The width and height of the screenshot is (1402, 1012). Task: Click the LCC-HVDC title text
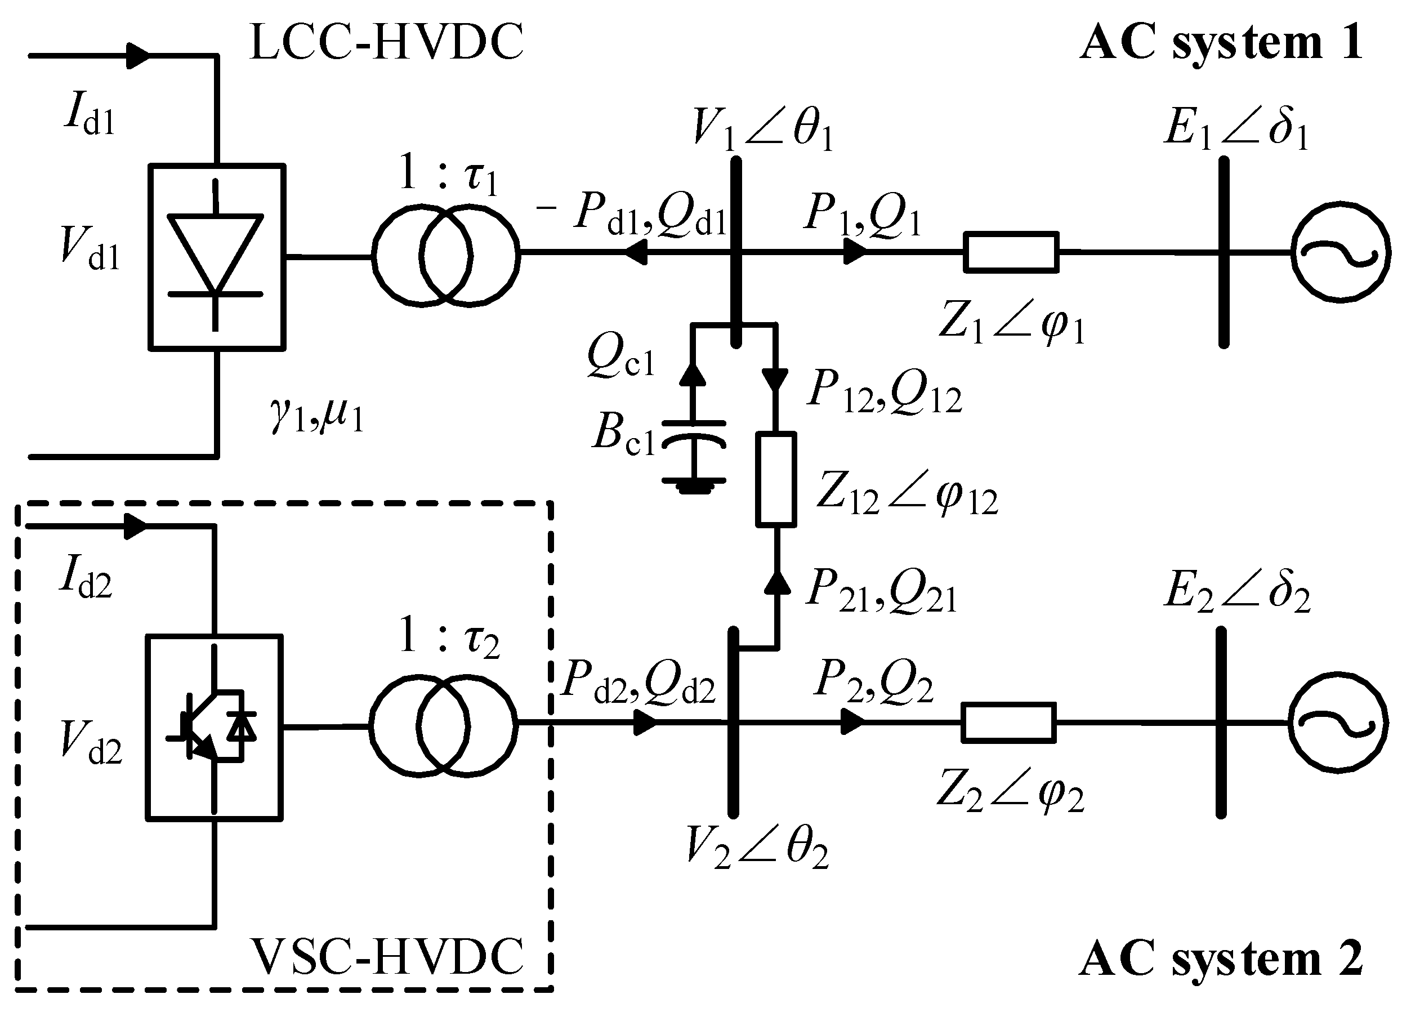pos(386,42)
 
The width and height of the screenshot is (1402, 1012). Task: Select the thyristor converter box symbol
pos(216,257)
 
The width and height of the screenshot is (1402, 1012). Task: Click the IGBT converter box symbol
pos(214,728)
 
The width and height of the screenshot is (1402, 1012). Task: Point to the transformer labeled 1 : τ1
pos(446,255)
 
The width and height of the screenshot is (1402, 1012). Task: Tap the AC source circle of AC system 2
pos(1338,722)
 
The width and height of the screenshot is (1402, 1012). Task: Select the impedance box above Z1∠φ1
pos(1011,252)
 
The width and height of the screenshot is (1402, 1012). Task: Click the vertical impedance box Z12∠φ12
pos(776,480)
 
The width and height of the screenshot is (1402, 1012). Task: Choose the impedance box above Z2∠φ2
pos(1009,722)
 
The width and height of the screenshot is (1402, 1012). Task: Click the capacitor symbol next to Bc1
pos(693,436)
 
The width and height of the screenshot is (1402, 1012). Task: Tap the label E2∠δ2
pos(1236,592)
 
